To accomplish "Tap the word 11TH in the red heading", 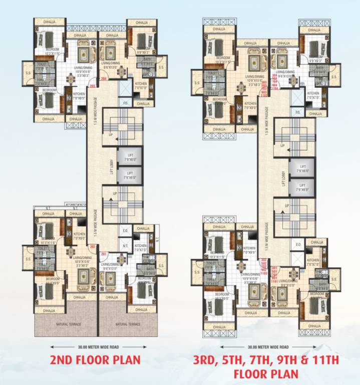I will (x=322, y=359).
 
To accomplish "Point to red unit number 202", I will (x=92, y=247).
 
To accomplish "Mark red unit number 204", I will (x=105, y=79).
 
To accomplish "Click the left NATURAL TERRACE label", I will (x=65, y=324).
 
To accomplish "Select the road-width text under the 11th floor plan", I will (x=268, y=346).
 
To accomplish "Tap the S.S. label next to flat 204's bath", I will (x=161, y=67).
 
